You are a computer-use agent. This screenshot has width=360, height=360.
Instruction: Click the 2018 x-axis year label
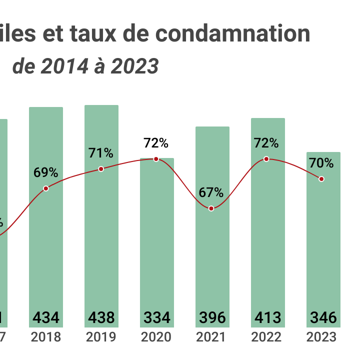click(46, 337)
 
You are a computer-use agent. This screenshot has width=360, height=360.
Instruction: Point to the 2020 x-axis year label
click(156, 337)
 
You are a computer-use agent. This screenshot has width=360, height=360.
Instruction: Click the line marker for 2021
click(211, 208)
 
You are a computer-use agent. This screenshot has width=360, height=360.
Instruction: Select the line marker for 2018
click(46, 188)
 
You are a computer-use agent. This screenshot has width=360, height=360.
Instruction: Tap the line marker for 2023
click(321, 179)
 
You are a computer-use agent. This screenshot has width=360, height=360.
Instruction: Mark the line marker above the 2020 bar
click(156, 159)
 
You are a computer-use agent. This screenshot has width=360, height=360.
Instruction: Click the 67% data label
click(211, 192)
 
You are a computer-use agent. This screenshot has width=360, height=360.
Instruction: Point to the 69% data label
click(46, 173)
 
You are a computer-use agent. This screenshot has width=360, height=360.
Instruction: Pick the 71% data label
click(101, 153)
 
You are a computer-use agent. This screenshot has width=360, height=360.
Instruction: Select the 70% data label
click(321, 163)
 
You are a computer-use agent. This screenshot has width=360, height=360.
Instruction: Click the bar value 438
click(101, 317)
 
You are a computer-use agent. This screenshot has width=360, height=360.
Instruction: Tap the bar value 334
click(156, 317)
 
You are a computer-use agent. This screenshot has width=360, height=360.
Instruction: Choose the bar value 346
click(323, 317)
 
